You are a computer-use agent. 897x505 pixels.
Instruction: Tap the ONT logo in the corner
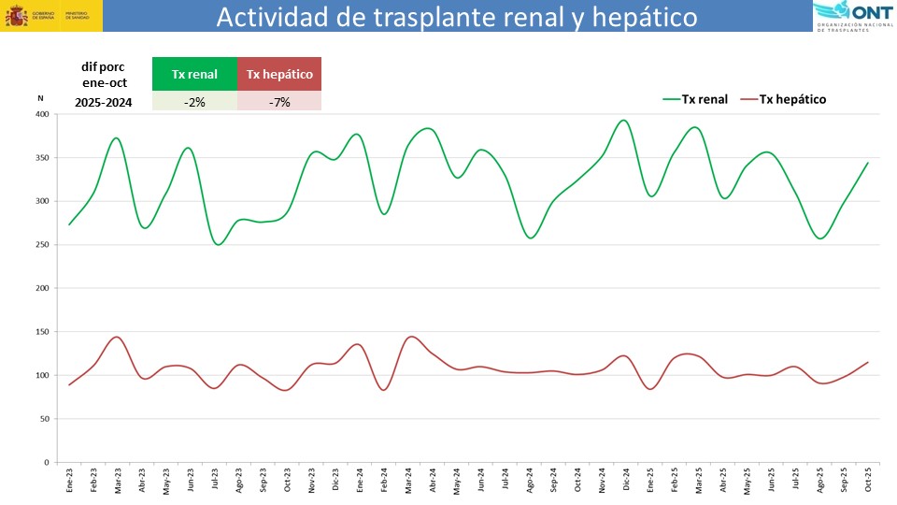click(x=853, y=16)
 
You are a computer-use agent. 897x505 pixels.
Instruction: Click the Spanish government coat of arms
click(x=17, y=16)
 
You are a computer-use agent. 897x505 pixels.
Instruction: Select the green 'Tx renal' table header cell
click(x=193, y=74)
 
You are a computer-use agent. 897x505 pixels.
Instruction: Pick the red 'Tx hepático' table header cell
click(x=279, y=74)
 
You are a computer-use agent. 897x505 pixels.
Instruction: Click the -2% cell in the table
click(x=193, y=101)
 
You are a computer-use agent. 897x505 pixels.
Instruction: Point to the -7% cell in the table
click(x=279, y=101)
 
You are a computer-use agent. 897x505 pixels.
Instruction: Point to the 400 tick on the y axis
click(x=41, y=114)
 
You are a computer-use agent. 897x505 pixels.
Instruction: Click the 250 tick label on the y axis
click(x=41, y=245)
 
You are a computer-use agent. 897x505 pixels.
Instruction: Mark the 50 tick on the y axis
click(x=44, y=419)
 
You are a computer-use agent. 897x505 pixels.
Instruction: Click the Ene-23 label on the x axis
click(x=69, y=481)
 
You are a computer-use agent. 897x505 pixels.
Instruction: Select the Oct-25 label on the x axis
click(x=868, y=481)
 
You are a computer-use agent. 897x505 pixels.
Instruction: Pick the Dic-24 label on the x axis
click(x=624, y=481)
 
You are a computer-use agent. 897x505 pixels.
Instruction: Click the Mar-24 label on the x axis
click(x=409, y=481)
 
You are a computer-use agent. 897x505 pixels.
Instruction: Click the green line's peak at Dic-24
click(x=624, y=120)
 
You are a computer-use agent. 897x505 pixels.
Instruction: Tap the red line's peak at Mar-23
click(x=117, y=337)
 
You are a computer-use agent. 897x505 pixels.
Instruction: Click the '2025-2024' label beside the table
click(x=104, y=102)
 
